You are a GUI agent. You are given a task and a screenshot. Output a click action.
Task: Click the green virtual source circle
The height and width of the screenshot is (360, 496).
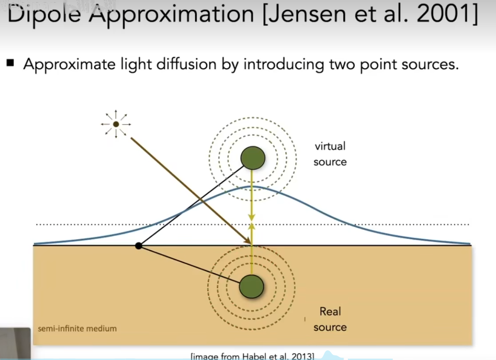253,158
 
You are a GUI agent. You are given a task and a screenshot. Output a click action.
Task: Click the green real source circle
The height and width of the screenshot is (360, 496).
251,287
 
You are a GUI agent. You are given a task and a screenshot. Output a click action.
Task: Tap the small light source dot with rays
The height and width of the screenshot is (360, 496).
116,124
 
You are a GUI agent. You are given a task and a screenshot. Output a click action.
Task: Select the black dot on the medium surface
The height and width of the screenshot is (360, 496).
139,246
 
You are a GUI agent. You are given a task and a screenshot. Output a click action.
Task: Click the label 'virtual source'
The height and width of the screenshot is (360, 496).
330,154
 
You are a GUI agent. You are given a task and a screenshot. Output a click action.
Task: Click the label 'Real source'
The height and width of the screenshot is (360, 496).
330,319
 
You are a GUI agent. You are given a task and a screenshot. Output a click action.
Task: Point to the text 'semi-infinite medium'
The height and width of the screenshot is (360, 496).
77,328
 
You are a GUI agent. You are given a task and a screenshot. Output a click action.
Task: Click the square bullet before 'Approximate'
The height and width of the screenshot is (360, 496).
10,62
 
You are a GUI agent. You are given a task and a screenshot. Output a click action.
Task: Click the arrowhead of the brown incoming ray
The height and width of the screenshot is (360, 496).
248,241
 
